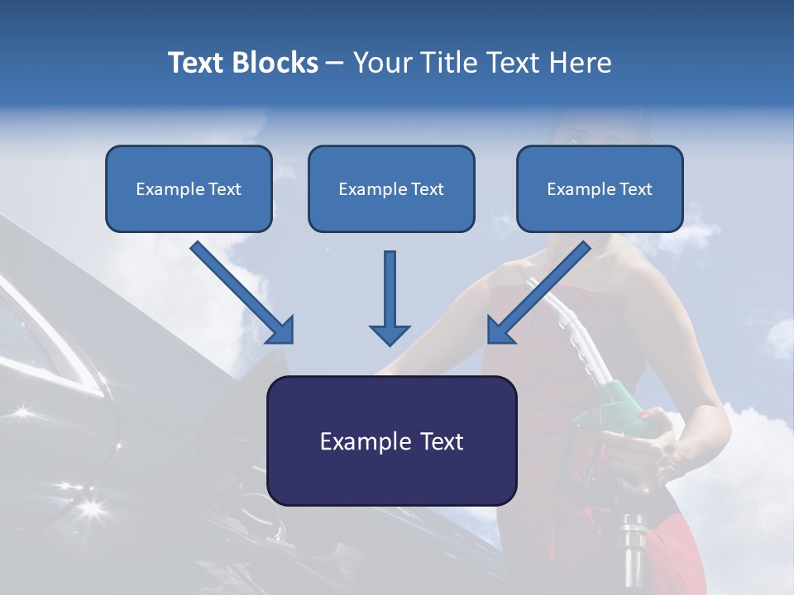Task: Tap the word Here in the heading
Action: pyautogui.click(x=581, y=63)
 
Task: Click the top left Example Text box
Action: pyautogui.click(x=189, y=189)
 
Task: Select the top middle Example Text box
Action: pyautogui.click(x=391, y=189)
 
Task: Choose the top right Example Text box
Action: pyautogui.click(x=600, y=189)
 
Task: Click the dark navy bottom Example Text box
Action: pyautogui.click(x=391, y=441)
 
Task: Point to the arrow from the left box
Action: pyautogui.click(x=244, y=293)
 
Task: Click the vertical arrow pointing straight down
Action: pyautogui.click(x=390, y=297)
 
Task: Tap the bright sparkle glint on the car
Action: pyautogui.click(x=89, y=506)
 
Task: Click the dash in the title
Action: pyautogui.click(x=335, y=63)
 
